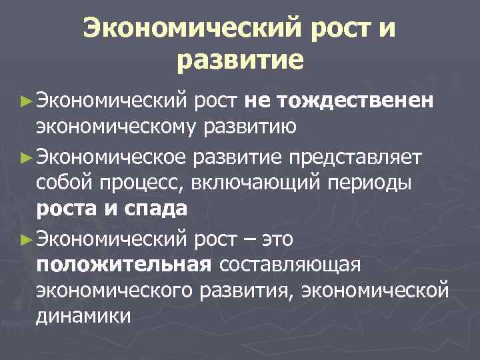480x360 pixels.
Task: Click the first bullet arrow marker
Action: (26, 101)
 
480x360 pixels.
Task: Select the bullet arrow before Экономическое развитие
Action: (26, 157)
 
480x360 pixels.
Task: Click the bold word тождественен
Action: (357, 101)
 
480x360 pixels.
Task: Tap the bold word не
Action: (257, 101)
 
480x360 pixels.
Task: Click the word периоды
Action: (391, 183)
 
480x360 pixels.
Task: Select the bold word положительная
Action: (124, 265)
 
